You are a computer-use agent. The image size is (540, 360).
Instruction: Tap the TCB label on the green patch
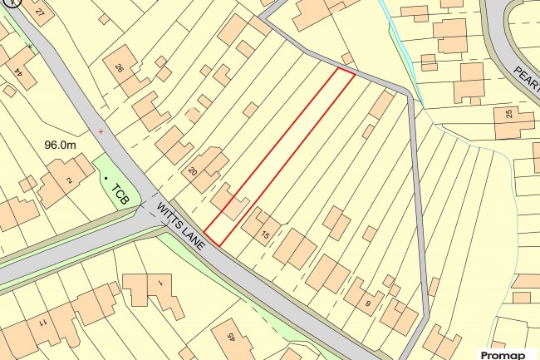pyautogui.click(x=121, y=195)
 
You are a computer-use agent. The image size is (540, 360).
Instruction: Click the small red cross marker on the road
pyautogui.click(x=101, y=131)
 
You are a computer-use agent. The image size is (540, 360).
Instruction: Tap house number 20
pyautogui.click(x=193, y=171)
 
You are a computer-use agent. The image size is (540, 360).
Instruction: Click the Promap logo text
pyautogui.click(x=503, y=354)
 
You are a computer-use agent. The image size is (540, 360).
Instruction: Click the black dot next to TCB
pyautogui.click(x=106, y=178)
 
